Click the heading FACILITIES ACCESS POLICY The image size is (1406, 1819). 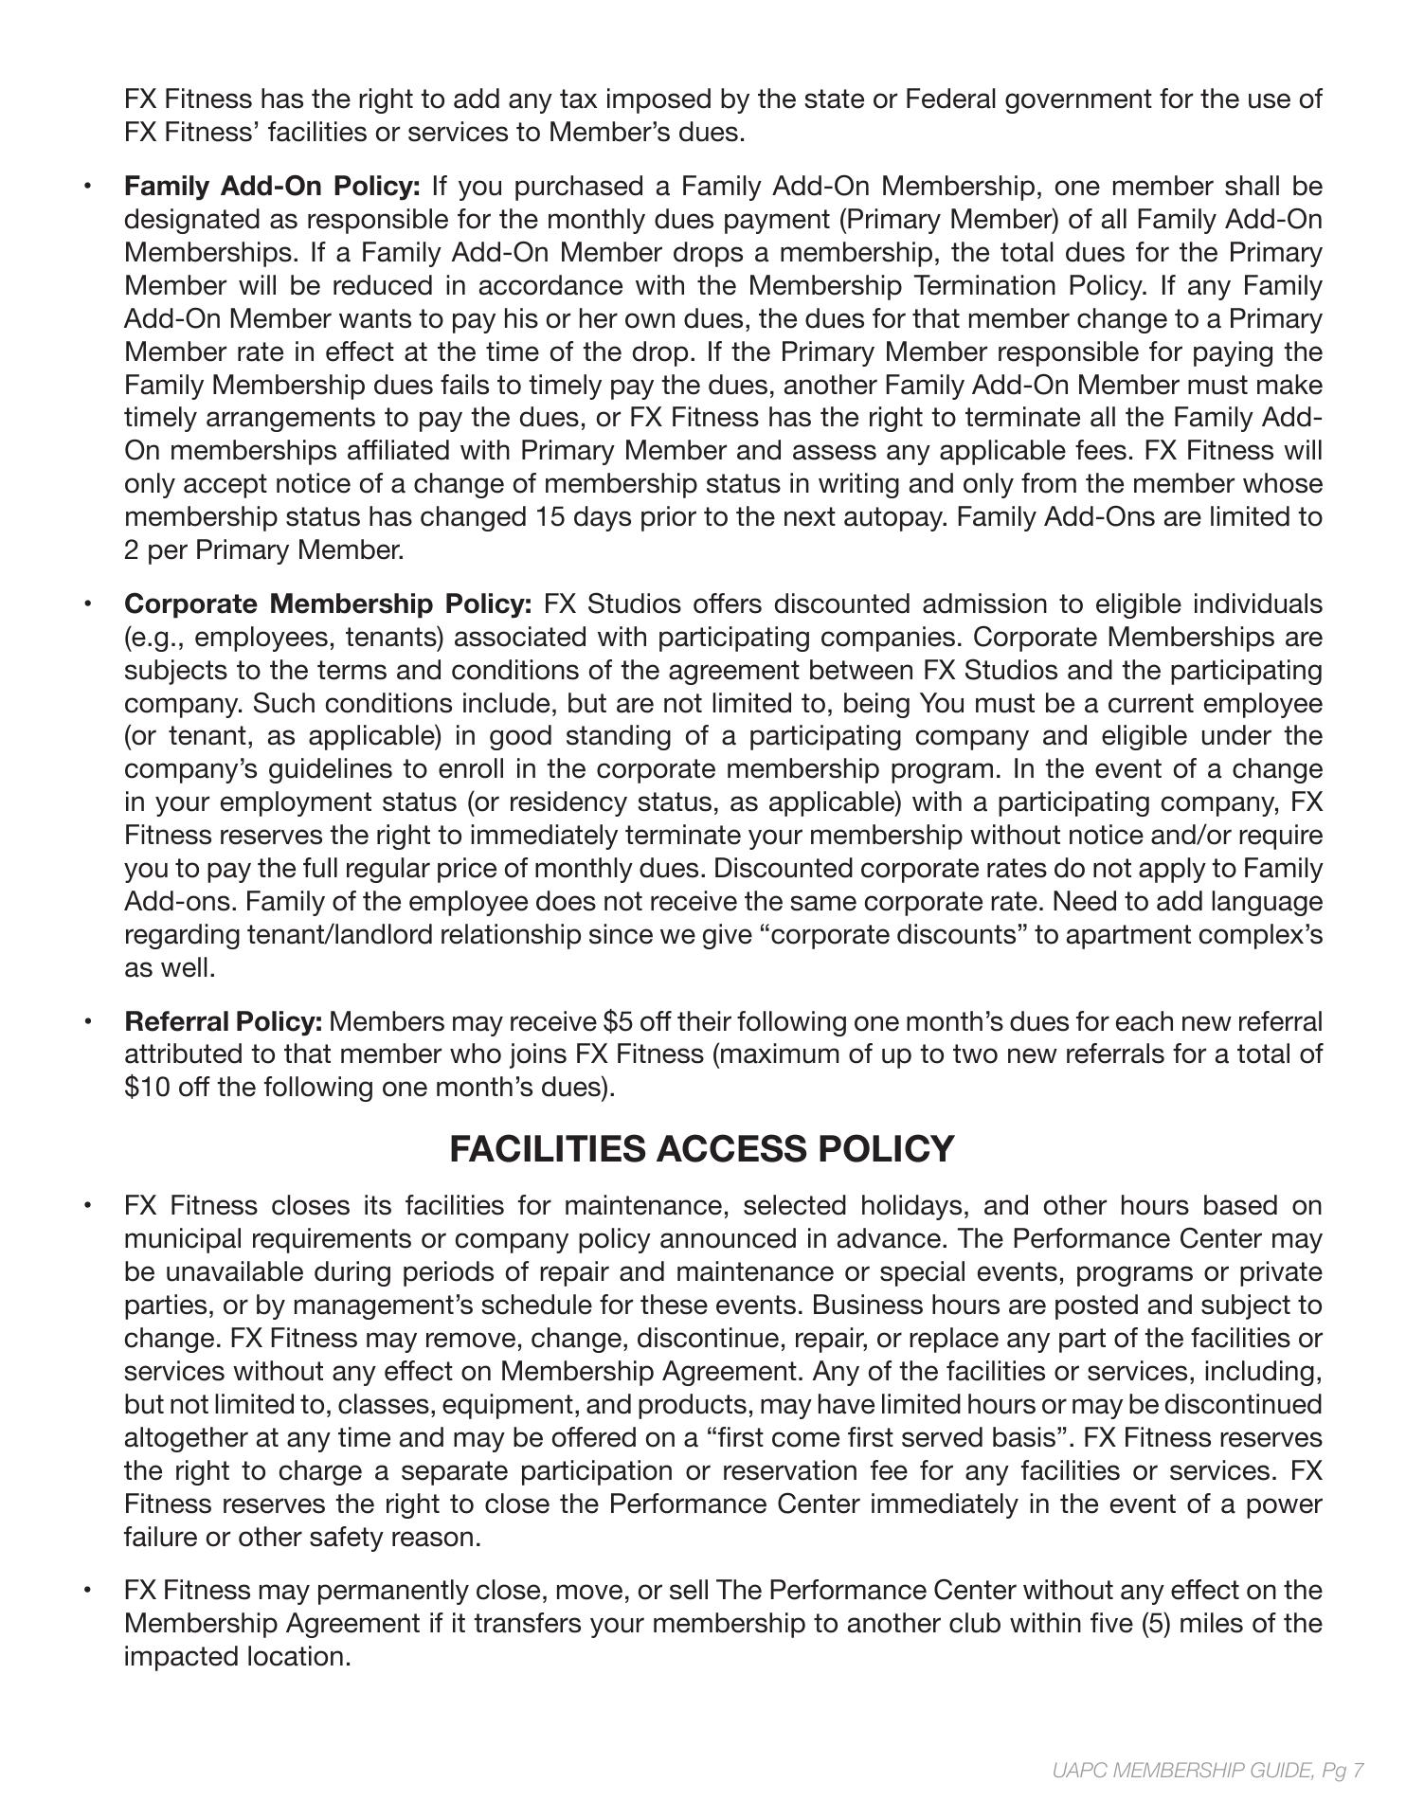(701, 1148)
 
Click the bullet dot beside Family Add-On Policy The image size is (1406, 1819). (87, 186)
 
